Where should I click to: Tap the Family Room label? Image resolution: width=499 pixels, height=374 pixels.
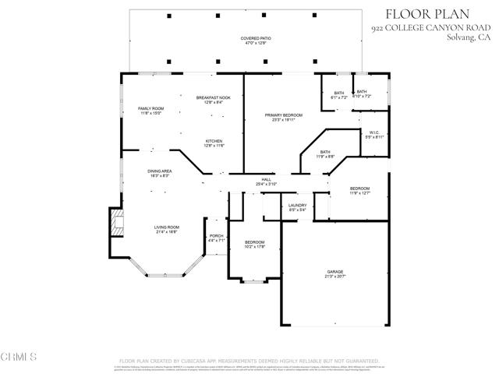[x=150, y=110]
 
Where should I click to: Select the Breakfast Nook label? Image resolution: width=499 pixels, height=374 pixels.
[x=213, y=99]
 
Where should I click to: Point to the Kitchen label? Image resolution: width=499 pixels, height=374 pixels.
[x=214, y=143]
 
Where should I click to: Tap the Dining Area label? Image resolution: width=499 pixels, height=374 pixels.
[x=161, y=173]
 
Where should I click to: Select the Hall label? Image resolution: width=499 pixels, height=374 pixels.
[x=266, y=182]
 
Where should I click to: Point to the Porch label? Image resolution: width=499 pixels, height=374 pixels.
[x=216, y=238]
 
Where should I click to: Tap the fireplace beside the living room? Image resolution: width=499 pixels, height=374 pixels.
[x=116, y=224]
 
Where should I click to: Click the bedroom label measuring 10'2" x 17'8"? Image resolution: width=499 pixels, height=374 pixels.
[x=254, y=245]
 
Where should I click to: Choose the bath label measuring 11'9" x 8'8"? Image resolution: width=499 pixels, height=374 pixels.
[x=325, y=154]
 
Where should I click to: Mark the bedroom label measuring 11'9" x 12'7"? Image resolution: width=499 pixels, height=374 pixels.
[x=359, y=191]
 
